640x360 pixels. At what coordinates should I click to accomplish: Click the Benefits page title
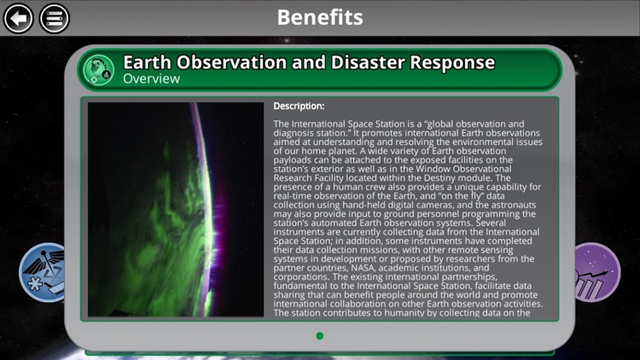pyautogui.click(x=320, y=17)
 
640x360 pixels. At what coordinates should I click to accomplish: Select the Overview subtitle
pyautogui.click(x=151, y=79)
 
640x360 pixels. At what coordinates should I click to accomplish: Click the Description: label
pyautogui.click(x=299, y=107)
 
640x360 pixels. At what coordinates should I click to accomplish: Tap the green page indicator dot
pyautogui.click(x=320, y=336)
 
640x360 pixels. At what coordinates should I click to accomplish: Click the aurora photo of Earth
pyautogui.click(x=176, y=210)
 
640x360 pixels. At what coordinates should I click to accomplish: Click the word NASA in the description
pyautogui.click(x=376, y=268)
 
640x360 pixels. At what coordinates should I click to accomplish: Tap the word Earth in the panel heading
pyautogui.click(x=146, y=62)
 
